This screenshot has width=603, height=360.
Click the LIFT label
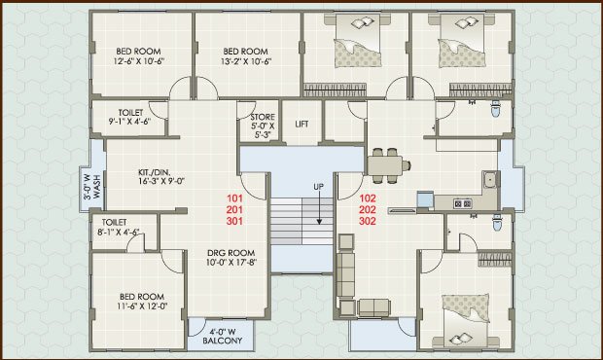[x=301, y=124]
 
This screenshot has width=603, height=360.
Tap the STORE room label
[x=263, y=117]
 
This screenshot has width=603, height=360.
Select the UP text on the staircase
[x=318, y=187]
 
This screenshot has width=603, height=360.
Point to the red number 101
[x=234, y=198]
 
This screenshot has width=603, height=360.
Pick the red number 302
[x=368, y=221]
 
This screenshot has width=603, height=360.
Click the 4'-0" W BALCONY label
[x=223, y=336]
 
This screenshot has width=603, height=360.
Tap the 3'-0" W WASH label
[x=92, y=187]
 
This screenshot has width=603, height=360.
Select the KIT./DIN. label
[x=155, y=172]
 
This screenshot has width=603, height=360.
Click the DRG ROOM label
[x=231, y=253]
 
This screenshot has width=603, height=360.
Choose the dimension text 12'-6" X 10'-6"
[x=139, y=60]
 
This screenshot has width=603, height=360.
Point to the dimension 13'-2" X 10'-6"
[x=246, y=60]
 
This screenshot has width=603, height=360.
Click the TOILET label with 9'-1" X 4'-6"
[x=130, y=113]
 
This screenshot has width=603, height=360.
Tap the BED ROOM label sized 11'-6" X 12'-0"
[x=142, y=297]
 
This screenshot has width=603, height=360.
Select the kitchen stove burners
[x=463, y=203]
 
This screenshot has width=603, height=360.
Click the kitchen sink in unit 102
[x=490, y=180]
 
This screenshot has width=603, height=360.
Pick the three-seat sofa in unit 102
[x=345, y=274]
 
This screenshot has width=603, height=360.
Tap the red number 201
[x=234, y=210]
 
